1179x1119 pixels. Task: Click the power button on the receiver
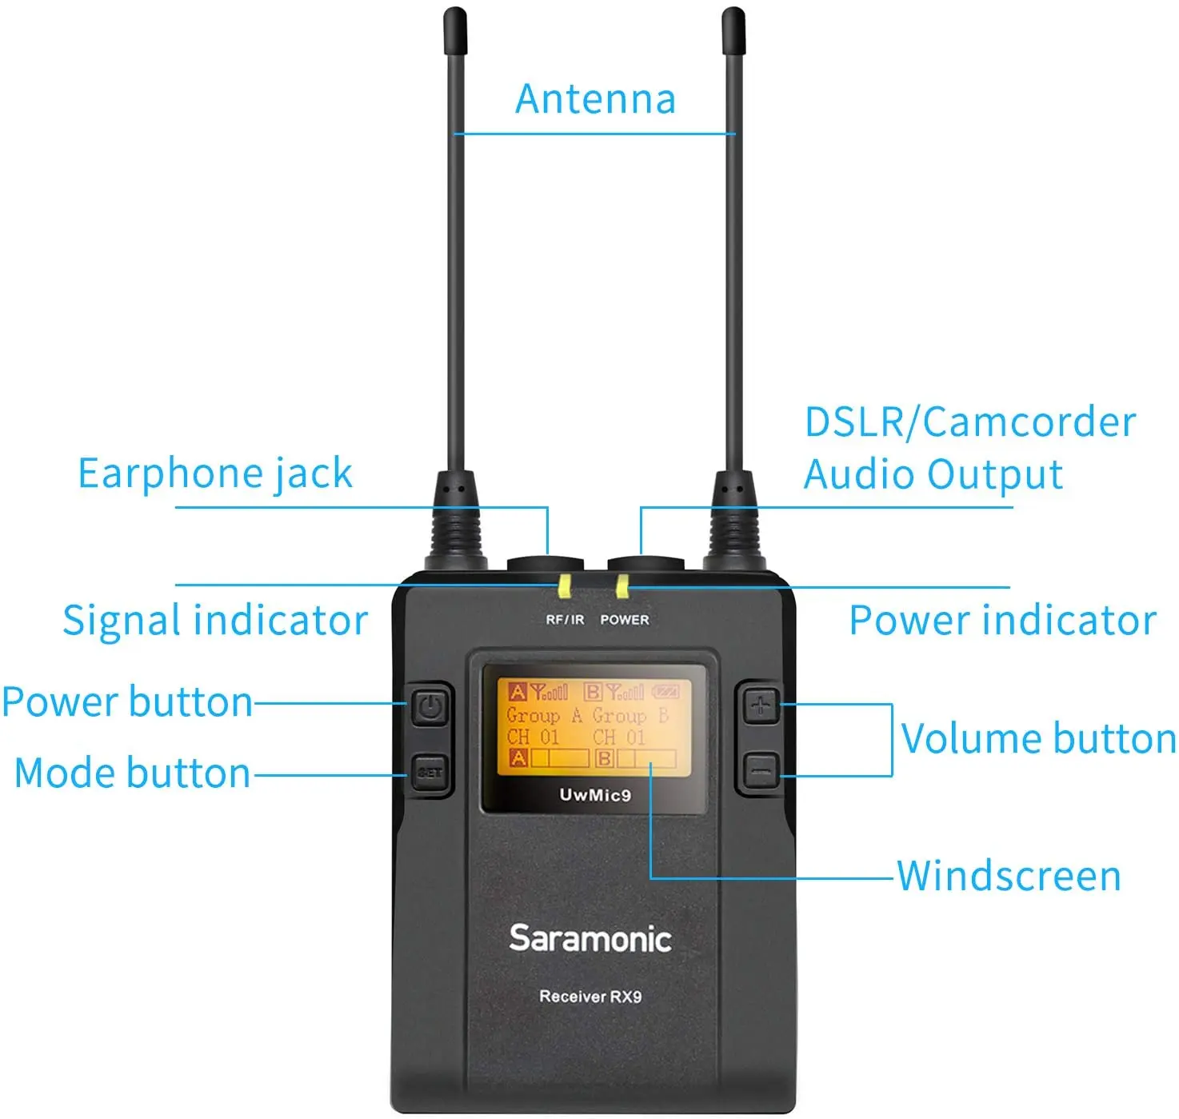click(430, 707)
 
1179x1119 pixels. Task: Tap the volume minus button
click(761, 772)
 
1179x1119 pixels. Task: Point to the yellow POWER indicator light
click(621, 586)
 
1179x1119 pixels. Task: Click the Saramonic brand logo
click(590, 938)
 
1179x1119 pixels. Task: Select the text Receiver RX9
click(590, 997)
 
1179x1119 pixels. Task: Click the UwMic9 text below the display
click(595, 795)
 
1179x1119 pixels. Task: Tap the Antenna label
click(596, 99)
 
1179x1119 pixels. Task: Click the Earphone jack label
click(215, 473)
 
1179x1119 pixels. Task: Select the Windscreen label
click(1009, 876)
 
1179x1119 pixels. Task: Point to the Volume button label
click(1038, 738)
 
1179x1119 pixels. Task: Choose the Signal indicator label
click(215, 621)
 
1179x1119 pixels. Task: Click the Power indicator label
click(1002, 621)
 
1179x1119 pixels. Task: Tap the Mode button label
click(133, 773)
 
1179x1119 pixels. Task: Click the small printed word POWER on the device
click(625, 620)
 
